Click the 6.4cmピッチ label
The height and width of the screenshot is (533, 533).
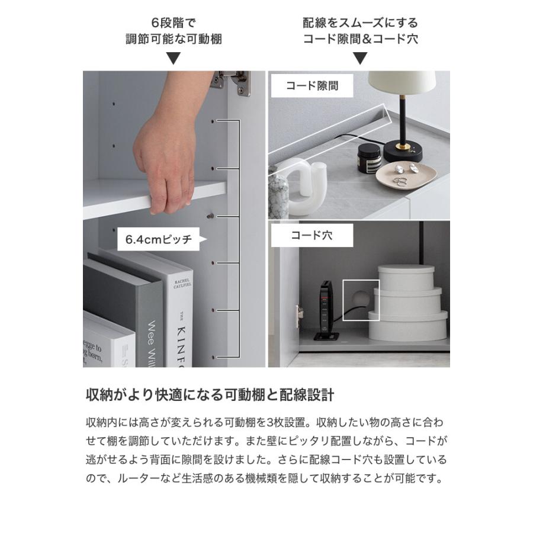tap(159, 240)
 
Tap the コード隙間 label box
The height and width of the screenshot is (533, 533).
tap(312, 85)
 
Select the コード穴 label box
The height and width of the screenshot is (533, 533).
tap(312, 235)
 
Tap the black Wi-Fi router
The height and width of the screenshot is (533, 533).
tap(325, 311)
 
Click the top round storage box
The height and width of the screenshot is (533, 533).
tap(406, 277)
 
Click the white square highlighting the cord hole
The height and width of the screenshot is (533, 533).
tap(361, 300)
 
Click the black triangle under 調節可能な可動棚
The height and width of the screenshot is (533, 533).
tap(174, 58)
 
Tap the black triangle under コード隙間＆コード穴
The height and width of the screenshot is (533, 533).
tap(360, 58)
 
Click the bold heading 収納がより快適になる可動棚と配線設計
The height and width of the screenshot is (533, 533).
tap(210, 395)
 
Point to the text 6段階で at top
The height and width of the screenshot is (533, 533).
tap(174, 24)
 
